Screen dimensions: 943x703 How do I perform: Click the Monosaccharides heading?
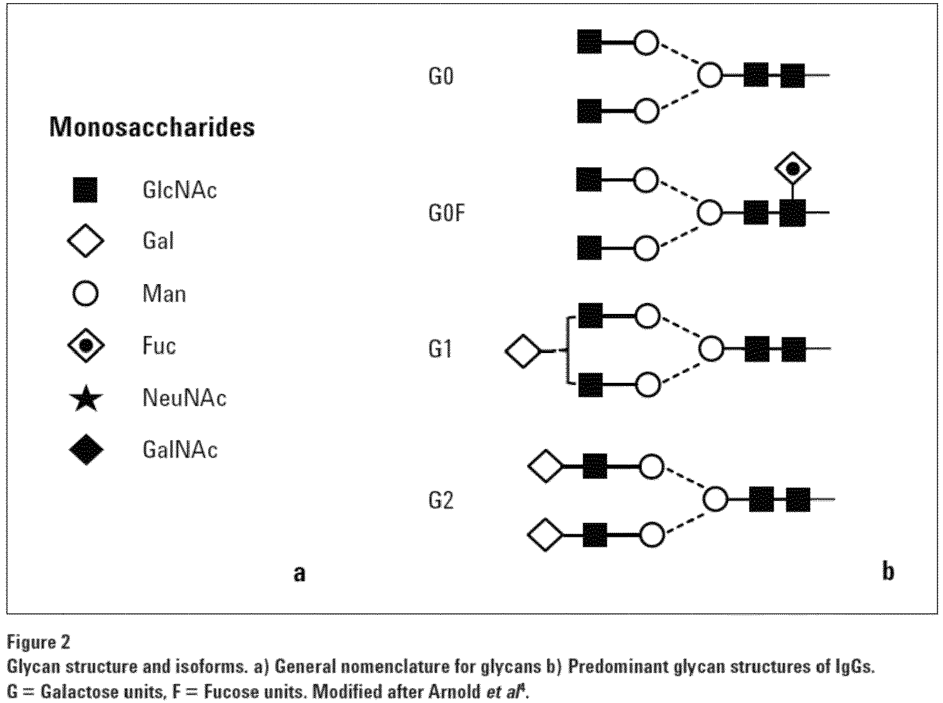[x=152, y=127]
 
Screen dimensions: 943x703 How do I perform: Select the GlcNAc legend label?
[x=180, y=190]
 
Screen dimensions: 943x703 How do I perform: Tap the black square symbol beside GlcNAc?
[x=85, y=190]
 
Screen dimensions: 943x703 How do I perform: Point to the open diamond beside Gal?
[x=86, y=241]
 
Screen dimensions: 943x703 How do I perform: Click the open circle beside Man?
[x=85, y=293]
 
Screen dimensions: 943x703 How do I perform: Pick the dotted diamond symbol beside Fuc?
[x=86, y=345]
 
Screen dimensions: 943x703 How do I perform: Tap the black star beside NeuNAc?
[x=86, y=398]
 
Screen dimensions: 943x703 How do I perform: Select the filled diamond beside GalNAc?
[x=86, y=450]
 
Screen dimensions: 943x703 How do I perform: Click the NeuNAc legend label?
[x=184, y=398]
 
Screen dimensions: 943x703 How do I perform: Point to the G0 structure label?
[x=441, y=76]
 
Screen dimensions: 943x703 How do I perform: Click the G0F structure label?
[x=447, y=213]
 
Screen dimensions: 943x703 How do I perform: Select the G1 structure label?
[x=440, y=349]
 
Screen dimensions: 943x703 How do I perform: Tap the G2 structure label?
[x=441, y=500]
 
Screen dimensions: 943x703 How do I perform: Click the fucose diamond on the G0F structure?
[x=793, y=168]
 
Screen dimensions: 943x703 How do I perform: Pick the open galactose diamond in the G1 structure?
[x=523, y=351]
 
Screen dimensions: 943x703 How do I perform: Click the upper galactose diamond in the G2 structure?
[x=546, y=465]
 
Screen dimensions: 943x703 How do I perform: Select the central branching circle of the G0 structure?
[x=710, y=75]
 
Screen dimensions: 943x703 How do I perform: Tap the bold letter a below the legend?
[x=299, y=573]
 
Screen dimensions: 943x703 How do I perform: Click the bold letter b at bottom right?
[x=888, y=571]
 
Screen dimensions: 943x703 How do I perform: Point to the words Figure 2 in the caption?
[x=39, y=642]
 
